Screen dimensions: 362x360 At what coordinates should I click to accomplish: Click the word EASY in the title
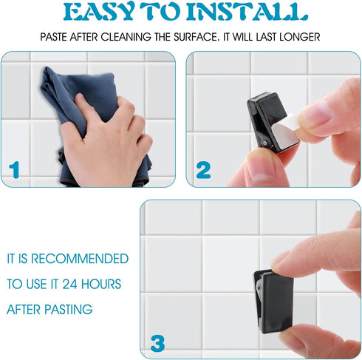click(x=98, y=12)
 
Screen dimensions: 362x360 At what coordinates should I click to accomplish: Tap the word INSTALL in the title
click(x=247, y=12)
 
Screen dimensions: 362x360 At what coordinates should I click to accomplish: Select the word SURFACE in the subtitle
click(x=196, y=37)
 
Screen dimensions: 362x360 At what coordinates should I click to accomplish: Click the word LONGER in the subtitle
click(x=300, y=37)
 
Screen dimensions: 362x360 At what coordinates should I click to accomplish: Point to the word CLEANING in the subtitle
click(x=126, y=37)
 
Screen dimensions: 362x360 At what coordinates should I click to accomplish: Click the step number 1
click(x=14, y=169)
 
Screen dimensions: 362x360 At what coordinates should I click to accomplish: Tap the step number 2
click(x=203, y=170)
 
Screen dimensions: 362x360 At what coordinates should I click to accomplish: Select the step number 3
click(x=157, y=343)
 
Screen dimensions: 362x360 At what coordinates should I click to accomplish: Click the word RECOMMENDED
click(x=80, y=259)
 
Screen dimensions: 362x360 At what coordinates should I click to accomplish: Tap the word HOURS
click(x=101, y=284)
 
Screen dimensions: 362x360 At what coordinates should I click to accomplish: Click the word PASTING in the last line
click(x=69, y=310)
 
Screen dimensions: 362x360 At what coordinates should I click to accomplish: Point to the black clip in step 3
click(x=274, y=301)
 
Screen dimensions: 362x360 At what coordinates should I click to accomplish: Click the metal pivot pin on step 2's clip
click(x=264, y=143)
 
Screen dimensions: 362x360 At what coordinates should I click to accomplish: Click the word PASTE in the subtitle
click(x=53, y=37)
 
